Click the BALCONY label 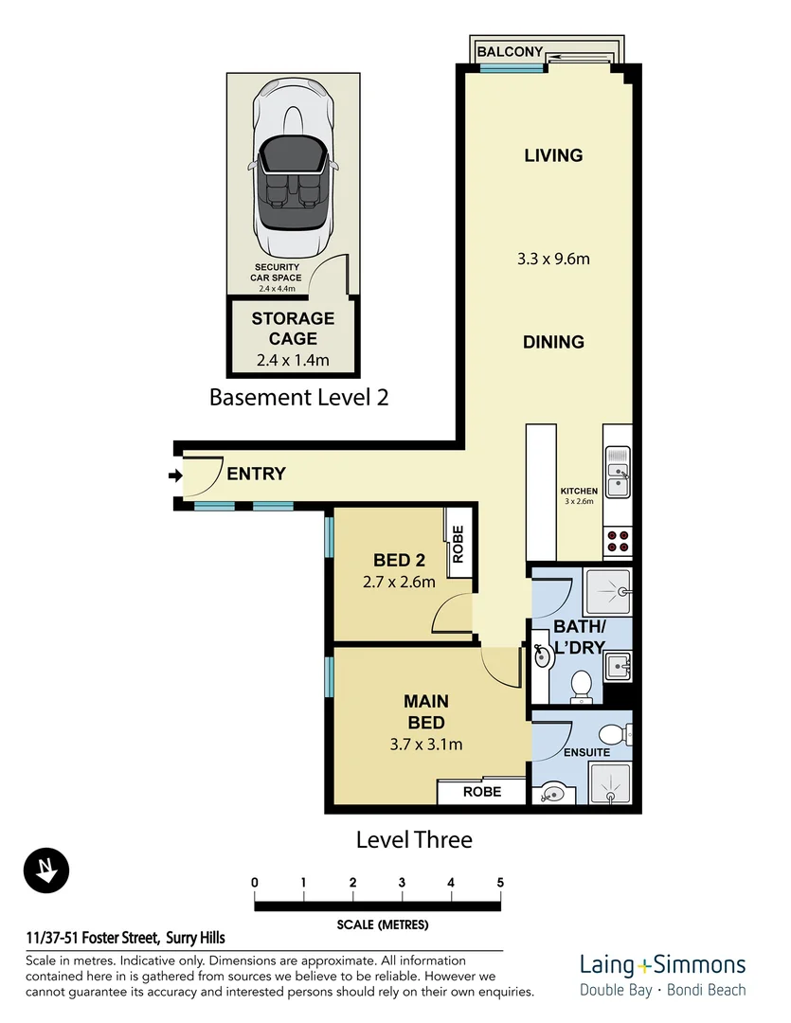coord(510,51)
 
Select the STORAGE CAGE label coord(293,329)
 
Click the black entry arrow coord(174,476)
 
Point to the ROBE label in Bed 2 coord(458,546)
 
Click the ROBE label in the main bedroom coord(481,791)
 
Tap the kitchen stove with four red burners coord(618,540)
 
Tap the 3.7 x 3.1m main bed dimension coord(426,745)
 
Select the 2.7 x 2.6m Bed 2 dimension coord(399,582)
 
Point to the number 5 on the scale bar coord(499,883)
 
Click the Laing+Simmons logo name coord(662,965)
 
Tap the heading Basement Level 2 coord(298,397)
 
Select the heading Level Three coord(413,839)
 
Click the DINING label coord(553,342)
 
